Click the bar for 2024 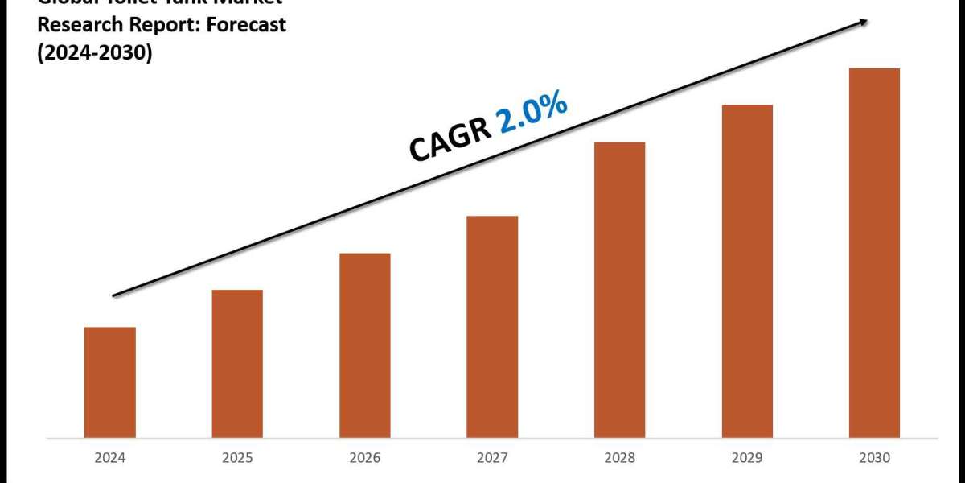click(x=110, y=382)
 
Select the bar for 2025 click(x=237, y=364)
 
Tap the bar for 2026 click(x=365, y=345)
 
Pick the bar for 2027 click(x=492, y=327)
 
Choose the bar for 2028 click(x=619, y=290)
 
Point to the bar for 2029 click(x=747, y=271)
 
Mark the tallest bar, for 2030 click(x=874, y=253)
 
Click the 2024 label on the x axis click(x=110, y=458)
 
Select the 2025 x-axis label click(x=237, y=458)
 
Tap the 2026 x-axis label click(x=365, y=458)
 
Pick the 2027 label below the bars click(x=492, y=458)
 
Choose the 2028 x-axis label click(x=619, y=458)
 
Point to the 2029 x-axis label click(x=747, y=458)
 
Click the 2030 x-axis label click(x=874, y=458)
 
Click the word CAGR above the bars click(x=450, y=139)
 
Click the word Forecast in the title click(x=247, y=25)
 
